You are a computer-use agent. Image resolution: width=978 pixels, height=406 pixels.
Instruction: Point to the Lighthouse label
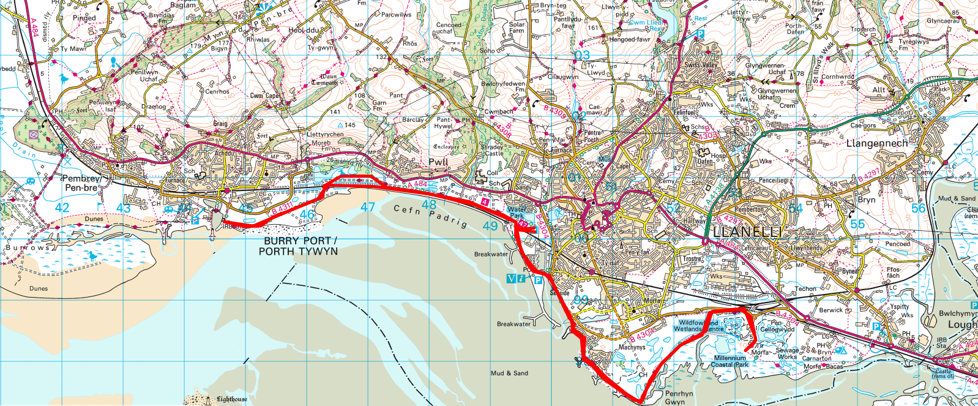tap(231, 399)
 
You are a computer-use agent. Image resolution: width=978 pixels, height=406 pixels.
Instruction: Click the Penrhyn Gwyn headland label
tap(679, 398)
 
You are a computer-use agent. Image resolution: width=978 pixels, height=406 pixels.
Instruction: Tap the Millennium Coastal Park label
tap(730, 361)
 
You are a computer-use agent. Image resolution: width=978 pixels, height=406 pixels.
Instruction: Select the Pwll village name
tap(438, 162)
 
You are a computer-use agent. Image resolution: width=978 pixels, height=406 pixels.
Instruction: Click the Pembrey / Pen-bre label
tap(82, 183)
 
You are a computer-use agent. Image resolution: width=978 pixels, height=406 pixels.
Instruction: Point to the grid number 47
tap(367, 208)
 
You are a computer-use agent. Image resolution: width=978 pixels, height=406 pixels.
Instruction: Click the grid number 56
tap(918, 209)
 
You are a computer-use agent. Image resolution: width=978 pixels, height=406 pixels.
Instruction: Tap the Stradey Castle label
tap(493, 150)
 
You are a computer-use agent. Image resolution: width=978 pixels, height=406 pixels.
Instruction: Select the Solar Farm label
tap(517, 28)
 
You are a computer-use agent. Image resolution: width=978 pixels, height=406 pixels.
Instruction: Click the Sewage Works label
tap(787, 354)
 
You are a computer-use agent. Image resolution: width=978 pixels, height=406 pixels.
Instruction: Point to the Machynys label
tap(632, 347)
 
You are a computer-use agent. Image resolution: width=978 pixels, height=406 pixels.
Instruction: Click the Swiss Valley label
tap(701, 65)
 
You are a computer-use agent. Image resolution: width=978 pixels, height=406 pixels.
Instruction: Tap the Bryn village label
tap(866, 200)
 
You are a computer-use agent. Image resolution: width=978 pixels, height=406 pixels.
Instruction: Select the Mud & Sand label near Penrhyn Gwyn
tap(509, 373)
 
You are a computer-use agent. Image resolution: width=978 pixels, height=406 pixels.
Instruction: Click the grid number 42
tap(62, 208)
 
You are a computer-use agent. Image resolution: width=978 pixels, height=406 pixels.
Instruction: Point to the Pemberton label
tap(749, 209)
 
